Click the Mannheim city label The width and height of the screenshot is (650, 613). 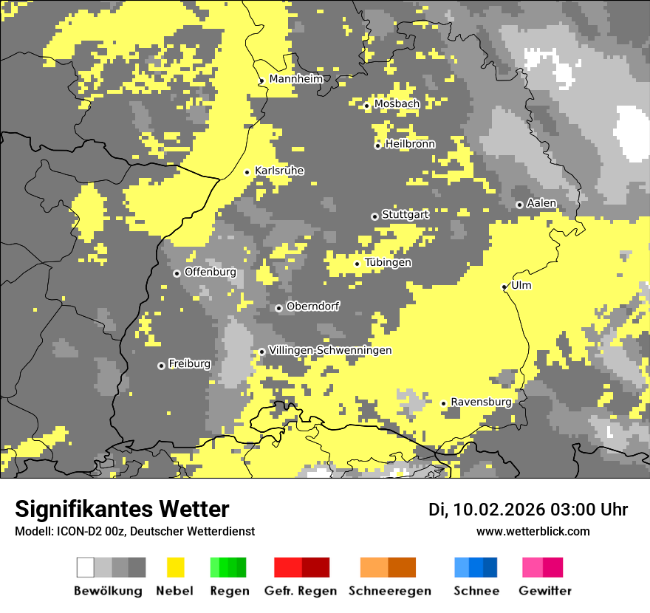[x=295, y=79]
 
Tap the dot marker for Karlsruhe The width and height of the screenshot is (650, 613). [x=247, y=172]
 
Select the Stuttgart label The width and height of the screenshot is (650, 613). [x=405, y=215]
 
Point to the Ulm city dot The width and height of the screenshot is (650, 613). [x=504, y=287]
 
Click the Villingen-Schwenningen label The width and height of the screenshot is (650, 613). [x=330, y=350]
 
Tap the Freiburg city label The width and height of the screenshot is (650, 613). [x=189, y=364]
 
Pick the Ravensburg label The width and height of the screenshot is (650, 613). [x=481, y=402]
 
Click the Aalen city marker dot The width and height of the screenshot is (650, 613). [x=519, y=205]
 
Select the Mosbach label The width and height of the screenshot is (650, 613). [x=397, y=104]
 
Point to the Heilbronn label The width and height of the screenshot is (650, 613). [x=410, y=144]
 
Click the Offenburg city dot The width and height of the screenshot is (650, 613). [x=177, y=273]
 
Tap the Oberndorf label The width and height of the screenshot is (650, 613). [x=312, y=306]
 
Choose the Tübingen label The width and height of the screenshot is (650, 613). [x=388, y=263]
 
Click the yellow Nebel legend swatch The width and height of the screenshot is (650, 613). [x=175, y=567]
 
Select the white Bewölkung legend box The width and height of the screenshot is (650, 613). [x=86, y=567]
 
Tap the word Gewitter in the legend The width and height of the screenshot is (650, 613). [x=544, y=591]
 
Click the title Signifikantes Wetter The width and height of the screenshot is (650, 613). [x=122, y=509]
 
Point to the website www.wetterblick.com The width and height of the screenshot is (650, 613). [x=533, y=532]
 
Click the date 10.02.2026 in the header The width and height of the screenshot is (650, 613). [x=499, y=510]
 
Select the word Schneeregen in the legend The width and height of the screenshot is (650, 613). [x=389, y=591]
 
